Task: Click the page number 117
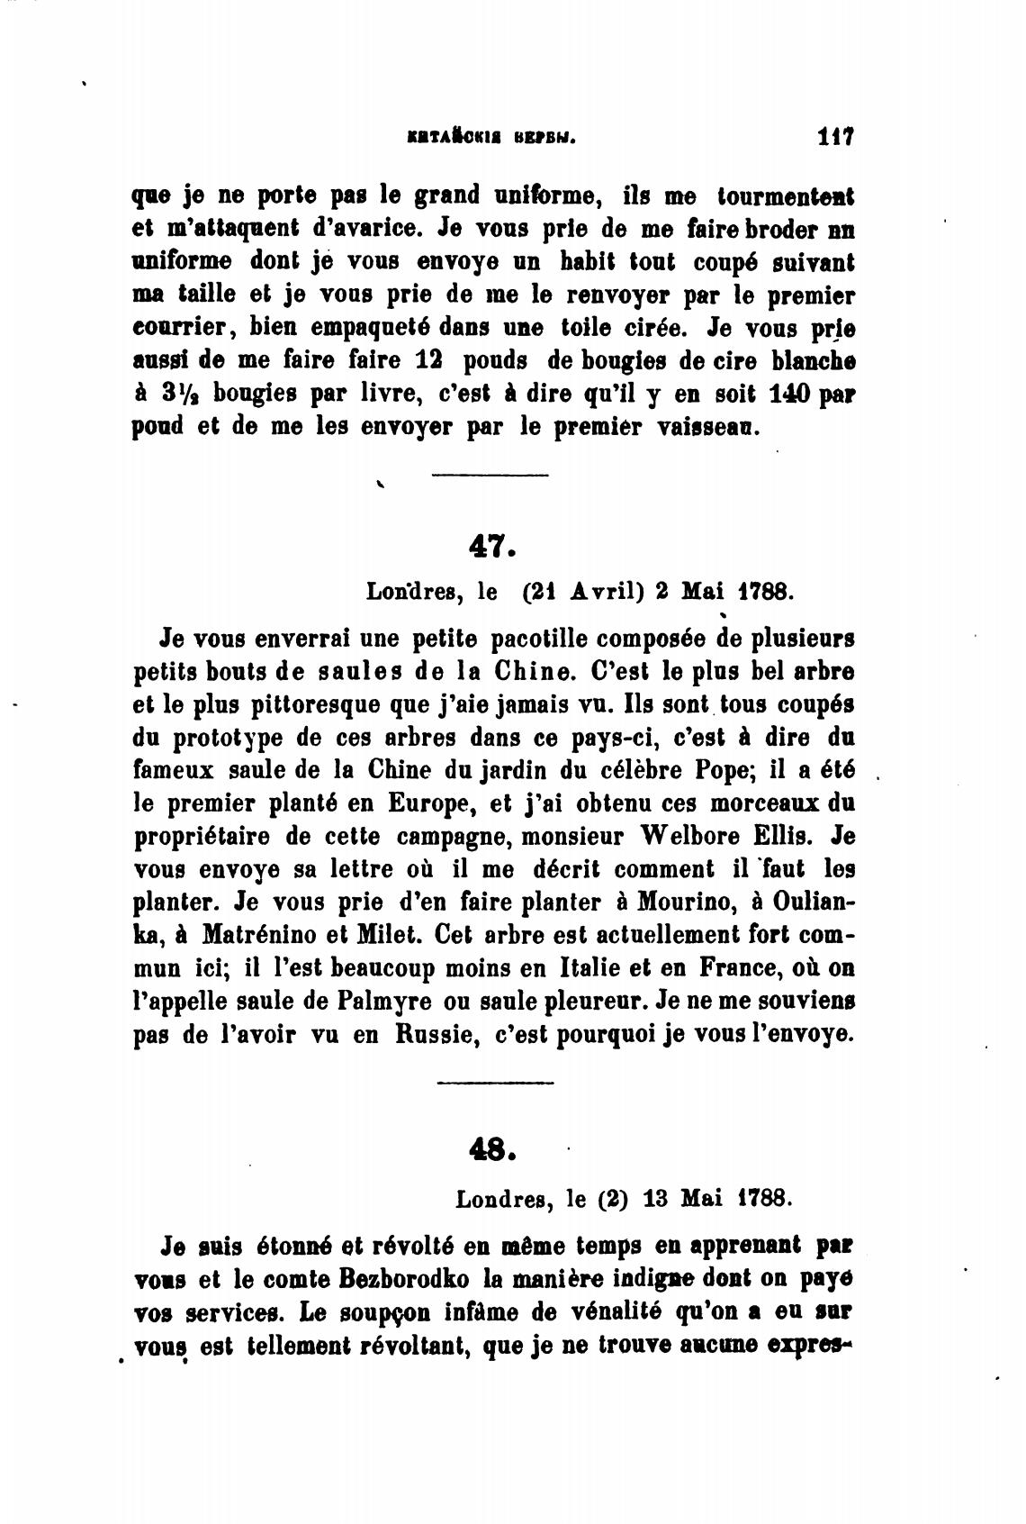(x=836, y=138)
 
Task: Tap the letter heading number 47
(x=491, y=545)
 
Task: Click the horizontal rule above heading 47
(x=490, y=476)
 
